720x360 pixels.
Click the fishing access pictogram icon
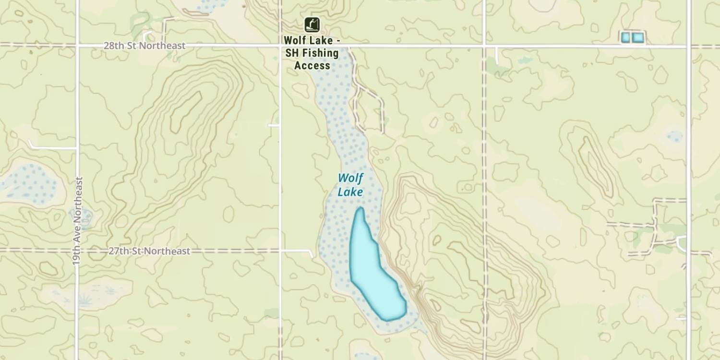(312, 24)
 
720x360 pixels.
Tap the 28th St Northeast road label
(144, 46)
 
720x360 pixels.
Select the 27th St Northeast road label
(149, 251)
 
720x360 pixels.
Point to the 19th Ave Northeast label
(78, 221)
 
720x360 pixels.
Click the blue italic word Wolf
(350, 179)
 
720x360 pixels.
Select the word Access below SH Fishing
(312, 66)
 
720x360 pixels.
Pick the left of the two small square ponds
(625, 37)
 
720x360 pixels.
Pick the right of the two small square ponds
(637, 37)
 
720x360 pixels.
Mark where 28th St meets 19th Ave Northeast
(77, 46)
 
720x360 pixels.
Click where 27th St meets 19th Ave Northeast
(77, 250)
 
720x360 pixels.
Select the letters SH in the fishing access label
(291, 53)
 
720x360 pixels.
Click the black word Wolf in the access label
(295, 40)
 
